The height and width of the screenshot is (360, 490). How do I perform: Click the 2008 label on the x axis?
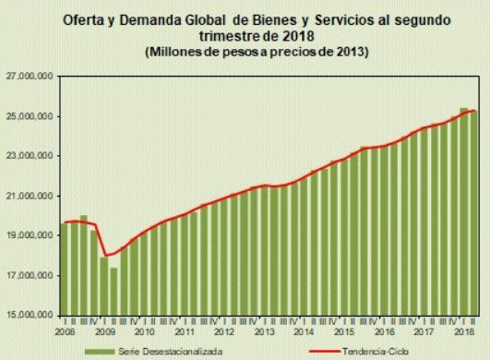(65, 330)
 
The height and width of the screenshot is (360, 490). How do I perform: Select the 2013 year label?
(264, 330)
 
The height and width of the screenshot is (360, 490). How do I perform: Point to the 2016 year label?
(383, 330)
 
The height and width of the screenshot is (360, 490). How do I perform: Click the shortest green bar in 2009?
(114, 291)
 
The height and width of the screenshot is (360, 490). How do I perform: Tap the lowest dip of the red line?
(107, 256)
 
